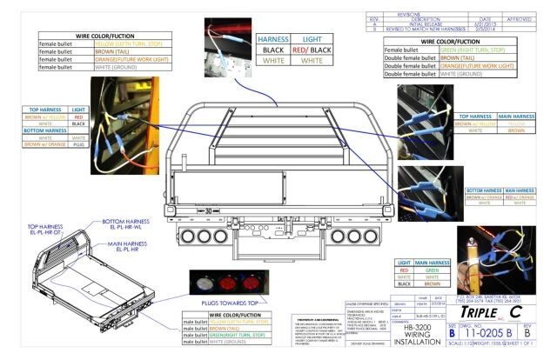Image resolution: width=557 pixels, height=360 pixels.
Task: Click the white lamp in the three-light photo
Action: pos(200,284)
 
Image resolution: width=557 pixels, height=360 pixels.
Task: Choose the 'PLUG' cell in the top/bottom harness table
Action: pos(77,144)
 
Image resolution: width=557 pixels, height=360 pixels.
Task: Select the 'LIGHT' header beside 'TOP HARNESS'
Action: pos(77,110)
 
